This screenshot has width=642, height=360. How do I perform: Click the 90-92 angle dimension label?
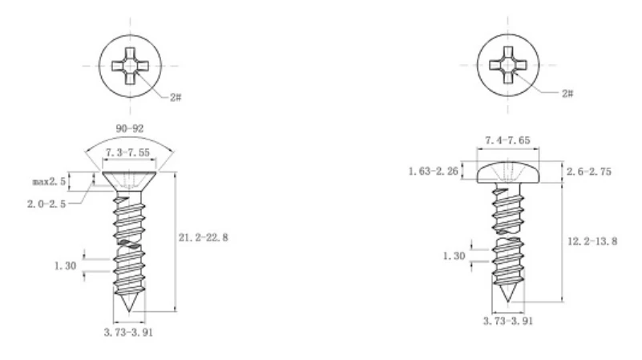pyautogui.click(x=130, y=128)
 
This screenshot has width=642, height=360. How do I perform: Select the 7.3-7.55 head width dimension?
pyautogui.click(x=127, y=152)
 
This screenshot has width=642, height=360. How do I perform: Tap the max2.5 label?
pyautogui.click(x=49, y=181)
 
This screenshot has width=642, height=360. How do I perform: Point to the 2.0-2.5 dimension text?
pyautogui.click(x=46, y=204)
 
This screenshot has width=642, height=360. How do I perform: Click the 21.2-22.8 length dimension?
pyautogui.click(x=203, y=237)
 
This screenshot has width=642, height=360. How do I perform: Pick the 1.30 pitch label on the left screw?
pyautogui.click(x=66, y=266)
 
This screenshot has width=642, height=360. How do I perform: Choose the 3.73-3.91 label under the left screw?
pyautogui.click(x=128, y=332)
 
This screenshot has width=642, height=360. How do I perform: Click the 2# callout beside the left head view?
pyautogui.click(x=176, y=97)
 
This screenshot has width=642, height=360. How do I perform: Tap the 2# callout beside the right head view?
pyautogui.click(x=567, y=93)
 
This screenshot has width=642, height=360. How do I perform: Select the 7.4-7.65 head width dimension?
pyautogui.click(x=507, y=140)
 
